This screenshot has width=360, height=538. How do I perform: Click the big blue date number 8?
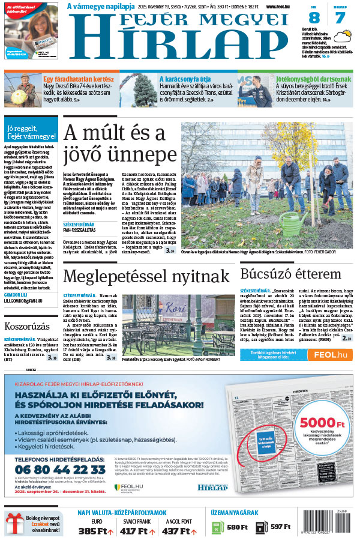point(314,18)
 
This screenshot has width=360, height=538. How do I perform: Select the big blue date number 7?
point(340,18)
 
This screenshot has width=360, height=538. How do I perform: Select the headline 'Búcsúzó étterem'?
point(290,274)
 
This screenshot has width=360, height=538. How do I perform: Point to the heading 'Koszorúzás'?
point(26,327)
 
